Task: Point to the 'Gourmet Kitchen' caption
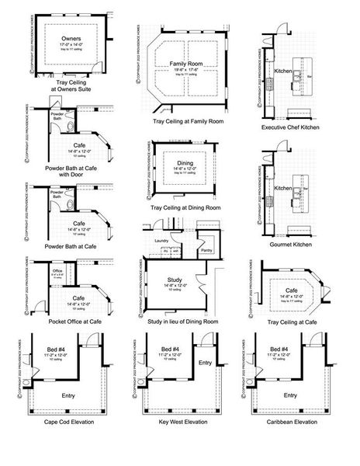(293, 242)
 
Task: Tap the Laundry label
(161, 241)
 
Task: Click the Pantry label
(206, 250)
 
